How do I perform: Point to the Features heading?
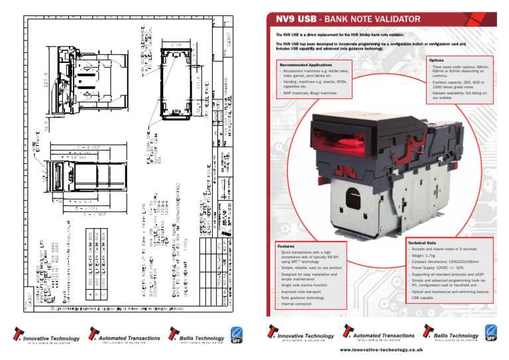(x=286, y=245)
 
